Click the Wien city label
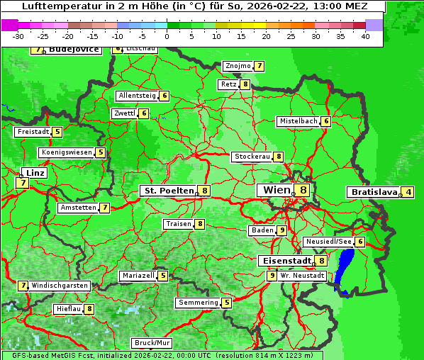(x=276, y=190)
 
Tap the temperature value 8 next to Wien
(x=303, y=190)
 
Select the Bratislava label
(x=373, y=192)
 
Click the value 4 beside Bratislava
(x=408, y=192)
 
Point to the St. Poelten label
(x=168, y=191)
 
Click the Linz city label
(x=34, y=173)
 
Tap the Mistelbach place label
(x=298, y=121)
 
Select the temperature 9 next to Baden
(x=282, y=230)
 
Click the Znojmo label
(x=238, y=66)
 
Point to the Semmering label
(x=198, y=303)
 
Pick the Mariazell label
(x=138, y=276)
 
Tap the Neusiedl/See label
(x=328, y=242)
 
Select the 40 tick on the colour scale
(x=365, y=36)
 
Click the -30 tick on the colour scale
(x=19, y=36)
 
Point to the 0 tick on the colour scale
(x=167, y=36)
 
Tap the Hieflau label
(x=69, y=309)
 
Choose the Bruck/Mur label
(x=152, y=342)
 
